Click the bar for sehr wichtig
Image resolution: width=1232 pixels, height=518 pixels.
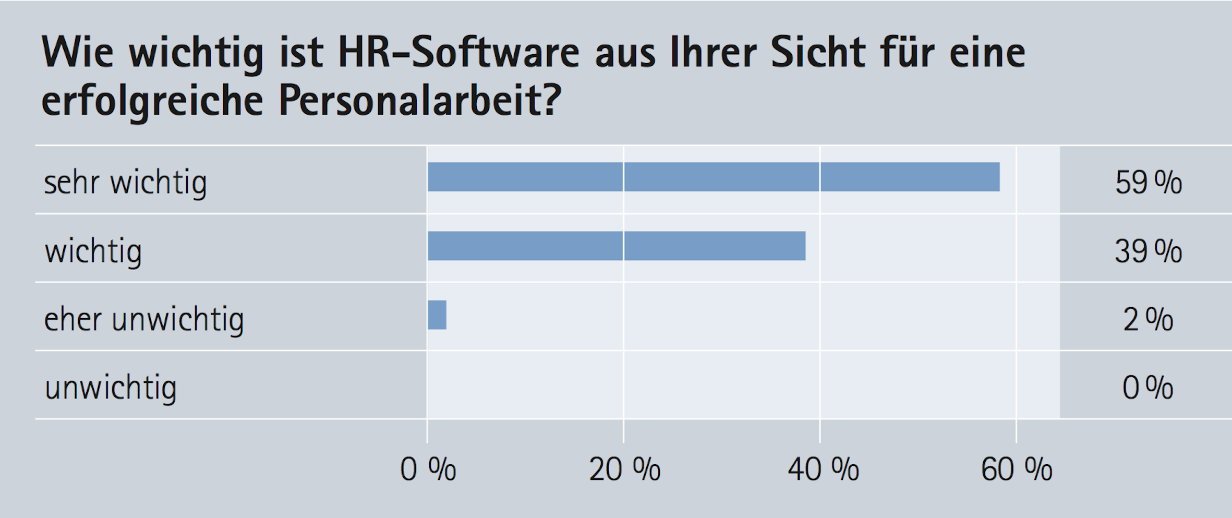[714, 177]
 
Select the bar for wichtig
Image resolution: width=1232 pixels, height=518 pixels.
[617, 246]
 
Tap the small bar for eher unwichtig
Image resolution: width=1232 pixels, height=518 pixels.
[437, 315]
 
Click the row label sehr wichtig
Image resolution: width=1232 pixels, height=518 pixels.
[126, 183]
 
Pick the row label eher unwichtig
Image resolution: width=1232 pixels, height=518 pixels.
[144, 320]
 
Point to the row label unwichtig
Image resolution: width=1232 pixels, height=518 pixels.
[111, 388]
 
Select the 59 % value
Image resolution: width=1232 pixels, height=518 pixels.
[1148, 183]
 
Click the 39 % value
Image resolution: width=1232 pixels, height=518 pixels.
[1148, 251]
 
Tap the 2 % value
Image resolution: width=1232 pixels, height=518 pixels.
[1148, 320]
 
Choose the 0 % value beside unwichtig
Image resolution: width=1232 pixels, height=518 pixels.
[1148, 388]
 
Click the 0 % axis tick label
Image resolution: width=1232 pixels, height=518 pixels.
[428, 469]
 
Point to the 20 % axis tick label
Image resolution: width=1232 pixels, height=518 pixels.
[624, 469]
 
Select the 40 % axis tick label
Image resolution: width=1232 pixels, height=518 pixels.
[823, 469]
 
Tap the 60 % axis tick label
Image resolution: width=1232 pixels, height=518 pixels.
[1016, 469]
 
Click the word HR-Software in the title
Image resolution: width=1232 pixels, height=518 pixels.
[458, 53]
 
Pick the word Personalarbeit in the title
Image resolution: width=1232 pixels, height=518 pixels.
[420, 101]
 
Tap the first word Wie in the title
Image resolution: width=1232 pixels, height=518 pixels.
[77, 53]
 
